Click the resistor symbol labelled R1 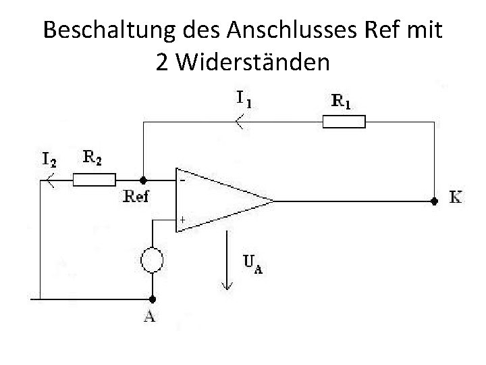(x=344, y=122)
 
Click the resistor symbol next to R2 (x=94, y=180)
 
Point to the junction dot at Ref (x=143, y=180)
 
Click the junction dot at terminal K (x=433, y=200)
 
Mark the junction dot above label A (x=152, y=298)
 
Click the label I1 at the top (x=244, y=99)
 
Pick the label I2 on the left (x=49, y=160)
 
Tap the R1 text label (x=342, y=101)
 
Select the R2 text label (x=93, y=158)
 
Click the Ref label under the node (x=138, y=197)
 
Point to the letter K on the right (x=456, y=198)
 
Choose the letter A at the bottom (x=149, y=316)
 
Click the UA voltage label (x=251, y=264)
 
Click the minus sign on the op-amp (x=182, y=181)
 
